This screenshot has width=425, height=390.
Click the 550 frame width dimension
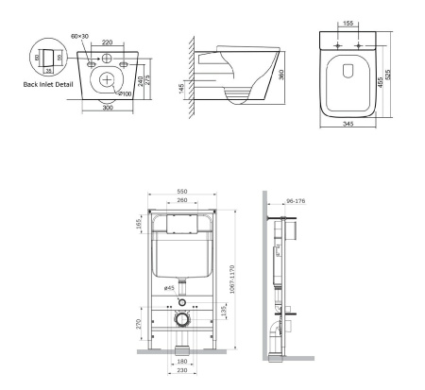tap(183, 190)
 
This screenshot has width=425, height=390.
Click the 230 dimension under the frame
tap(183, 375)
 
